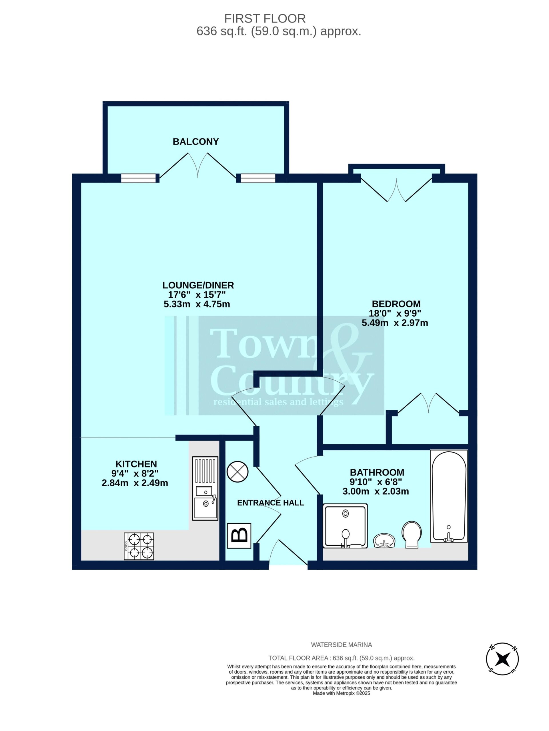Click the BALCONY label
(x=195, y=141)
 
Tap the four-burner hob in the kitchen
(x=139, y=546)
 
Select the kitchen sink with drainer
(x=205, y=489)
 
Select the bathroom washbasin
(x=384, y=541)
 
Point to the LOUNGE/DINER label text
(x=198, y=285)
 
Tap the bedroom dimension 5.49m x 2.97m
(x=395, y=323)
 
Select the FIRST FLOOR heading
(x=265, y=19)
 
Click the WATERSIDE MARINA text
(x=342, y=645)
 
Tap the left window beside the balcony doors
(x=138, y=178)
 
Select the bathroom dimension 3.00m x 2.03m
(x=376, y=491)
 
